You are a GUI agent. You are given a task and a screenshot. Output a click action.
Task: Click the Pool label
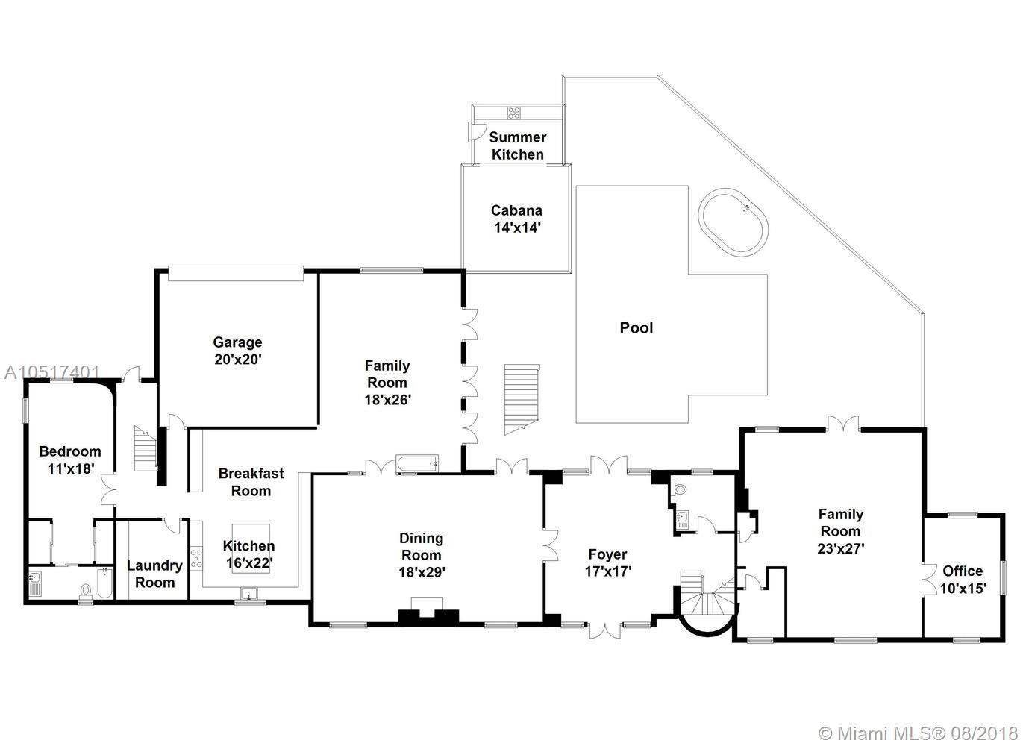point(636,328)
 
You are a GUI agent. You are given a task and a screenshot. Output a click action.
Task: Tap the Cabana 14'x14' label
point(517,219)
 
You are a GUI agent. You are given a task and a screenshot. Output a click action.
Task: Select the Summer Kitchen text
point(518,145)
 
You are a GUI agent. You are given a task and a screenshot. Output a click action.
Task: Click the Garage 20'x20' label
point(238,351)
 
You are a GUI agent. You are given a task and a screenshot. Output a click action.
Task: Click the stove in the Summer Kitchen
point(513,113)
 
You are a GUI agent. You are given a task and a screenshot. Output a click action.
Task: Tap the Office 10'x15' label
point(963,580)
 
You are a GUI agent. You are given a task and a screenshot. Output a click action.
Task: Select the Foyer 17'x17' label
point(608,562)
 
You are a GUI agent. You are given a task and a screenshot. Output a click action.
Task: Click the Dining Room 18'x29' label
point(422,555)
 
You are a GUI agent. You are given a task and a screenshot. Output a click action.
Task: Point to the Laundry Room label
point(154,574)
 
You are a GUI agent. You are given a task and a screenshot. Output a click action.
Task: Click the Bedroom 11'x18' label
point(70,460)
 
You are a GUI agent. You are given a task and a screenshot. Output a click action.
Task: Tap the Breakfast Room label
point(251,482)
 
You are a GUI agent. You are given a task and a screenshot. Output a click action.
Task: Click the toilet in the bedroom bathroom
point(85,592)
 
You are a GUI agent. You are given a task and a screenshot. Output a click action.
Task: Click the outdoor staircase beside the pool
point(522,399)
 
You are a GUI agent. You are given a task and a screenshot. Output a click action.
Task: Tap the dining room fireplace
point(428,611)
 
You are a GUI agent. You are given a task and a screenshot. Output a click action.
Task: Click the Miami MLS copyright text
point(918,733)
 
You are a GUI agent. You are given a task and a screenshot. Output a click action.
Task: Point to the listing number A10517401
point(51,372)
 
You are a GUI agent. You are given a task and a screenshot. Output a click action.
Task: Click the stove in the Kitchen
point(196,558)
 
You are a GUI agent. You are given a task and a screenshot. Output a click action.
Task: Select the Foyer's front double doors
point(604,630)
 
